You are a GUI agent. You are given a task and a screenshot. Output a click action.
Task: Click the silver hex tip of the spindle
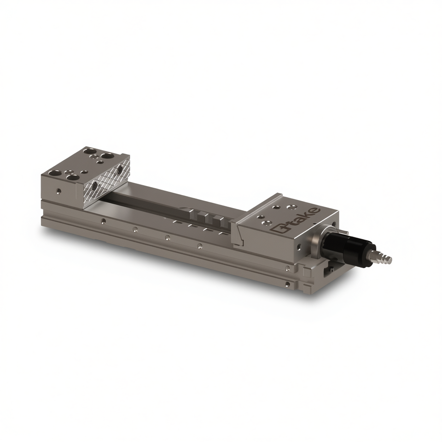pyautogui.click(x=384, y=257)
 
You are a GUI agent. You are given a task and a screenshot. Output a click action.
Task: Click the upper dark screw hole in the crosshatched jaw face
pyautogui.click(x=120, y=170)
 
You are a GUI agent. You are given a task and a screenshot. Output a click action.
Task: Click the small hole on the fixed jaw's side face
pyautogui.click(x=59, y=191)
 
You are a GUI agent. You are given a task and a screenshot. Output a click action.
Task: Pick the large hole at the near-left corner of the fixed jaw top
pyautogui.click(x=54, y=174)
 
